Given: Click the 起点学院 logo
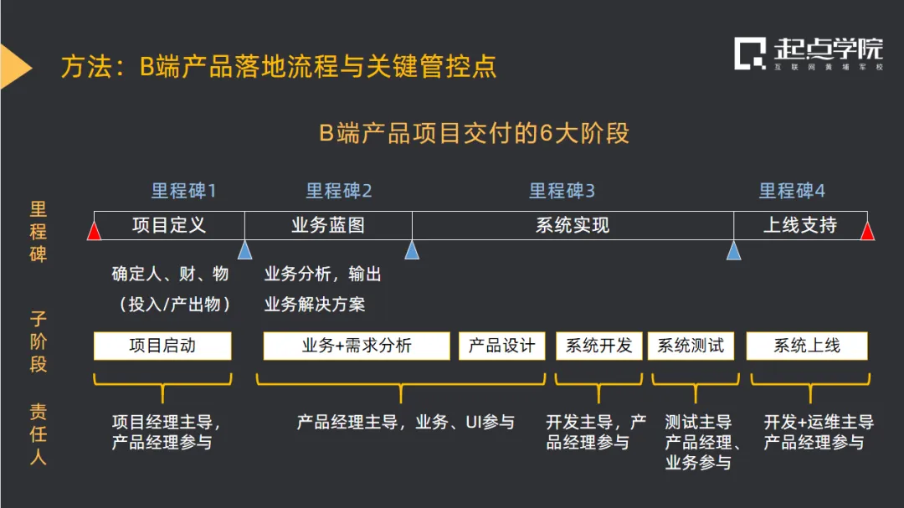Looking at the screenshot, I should point(809,54).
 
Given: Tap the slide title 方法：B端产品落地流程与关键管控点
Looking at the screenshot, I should point(279,67).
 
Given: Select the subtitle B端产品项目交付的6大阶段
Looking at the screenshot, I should point(474,134).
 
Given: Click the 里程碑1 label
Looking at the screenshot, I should point(183,191).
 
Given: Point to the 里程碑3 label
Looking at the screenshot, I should point(562,191).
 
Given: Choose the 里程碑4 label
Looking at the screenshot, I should point(792,191).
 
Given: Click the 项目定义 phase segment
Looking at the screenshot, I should point(169,225).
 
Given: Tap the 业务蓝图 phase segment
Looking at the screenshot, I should point(328,225).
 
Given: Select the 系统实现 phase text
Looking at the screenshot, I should point(573,225).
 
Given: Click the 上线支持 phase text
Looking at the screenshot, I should point(800,225).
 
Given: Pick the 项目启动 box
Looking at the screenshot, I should point(162,346).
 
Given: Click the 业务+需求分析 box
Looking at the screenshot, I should point(357,346).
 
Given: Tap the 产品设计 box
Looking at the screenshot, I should point(501,346).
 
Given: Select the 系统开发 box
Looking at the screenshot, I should point(598,346).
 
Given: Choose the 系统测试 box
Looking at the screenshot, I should point(691,346).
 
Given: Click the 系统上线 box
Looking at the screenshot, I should point(807,346).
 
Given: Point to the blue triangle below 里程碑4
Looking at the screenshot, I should point(734,250).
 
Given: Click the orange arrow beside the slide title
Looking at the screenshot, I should point(15,67).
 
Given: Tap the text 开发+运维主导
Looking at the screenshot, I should point(819,423).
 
